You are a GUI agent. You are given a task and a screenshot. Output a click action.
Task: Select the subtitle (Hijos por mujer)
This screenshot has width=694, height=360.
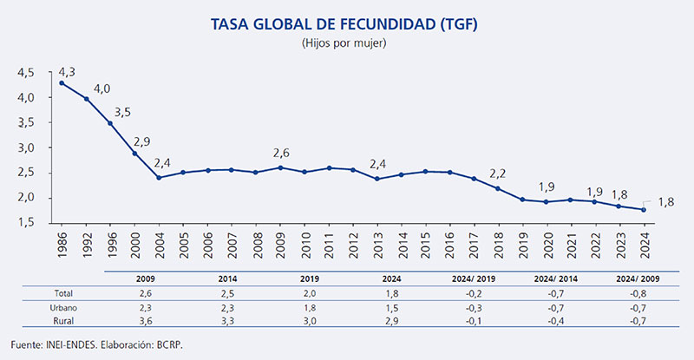[344, 42]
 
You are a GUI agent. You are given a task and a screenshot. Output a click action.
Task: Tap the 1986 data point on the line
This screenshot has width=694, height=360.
[61, 83]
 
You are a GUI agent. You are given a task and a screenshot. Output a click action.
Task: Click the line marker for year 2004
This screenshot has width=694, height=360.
[158, 178]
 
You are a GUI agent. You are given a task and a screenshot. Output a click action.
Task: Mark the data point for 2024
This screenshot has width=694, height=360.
[643, 209]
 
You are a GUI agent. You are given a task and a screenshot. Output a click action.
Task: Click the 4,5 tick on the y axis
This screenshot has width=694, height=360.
[26, 72]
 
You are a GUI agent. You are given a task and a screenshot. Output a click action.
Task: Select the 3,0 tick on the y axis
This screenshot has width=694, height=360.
[26, 147]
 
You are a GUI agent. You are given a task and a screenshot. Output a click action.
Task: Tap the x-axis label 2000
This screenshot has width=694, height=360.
[134, 246]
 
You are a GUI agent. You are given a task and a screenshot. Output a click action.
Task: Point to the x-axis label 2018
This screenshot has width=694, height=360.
[498, 246]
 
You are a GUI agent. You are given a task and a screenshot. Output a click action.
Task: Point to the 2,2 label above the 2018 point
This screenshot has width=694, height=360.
[497, 173]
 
